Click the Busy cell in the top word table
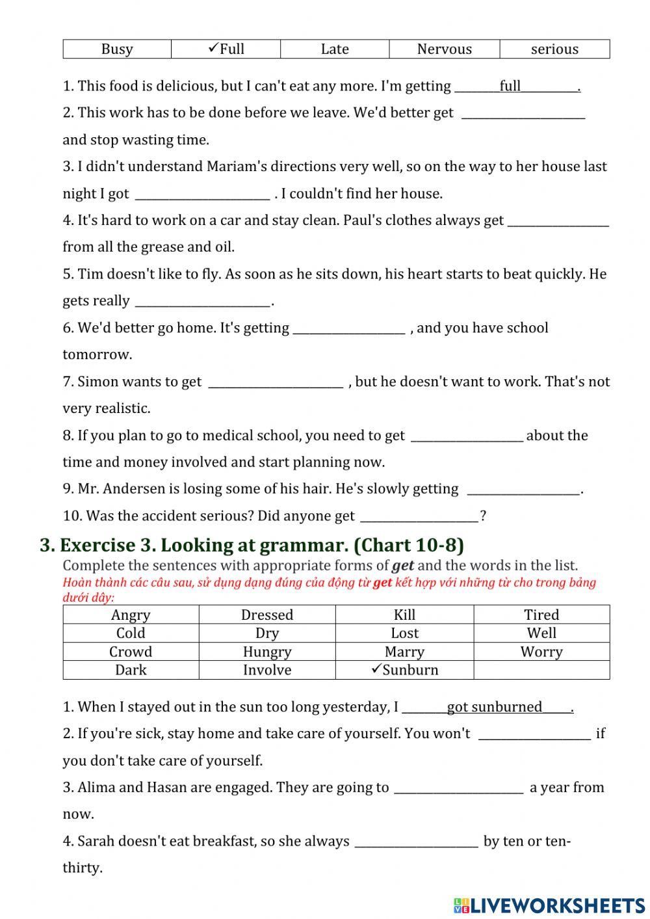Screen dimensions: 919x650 [x=117, y=49]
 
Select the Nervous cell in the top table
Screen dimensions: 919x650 [x=445, y=49]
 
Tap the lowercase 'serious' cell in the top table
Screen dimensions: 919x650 [x=554, y=49]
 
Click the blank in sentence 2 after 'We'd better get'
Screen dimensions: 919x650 [x=523, y=114]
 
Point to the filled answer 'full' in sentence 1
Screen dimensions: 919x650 [x=510, y=87]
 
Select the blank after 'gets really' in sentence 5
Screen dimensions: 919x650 [x=202, y=302]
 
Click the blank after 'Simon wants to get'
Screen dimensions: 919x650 [x=276, y=382]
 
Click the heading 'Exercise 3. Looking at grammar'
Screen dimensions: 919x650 [x=252, y=545]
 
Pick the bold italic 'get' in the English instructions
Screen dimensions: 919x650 [x=403, y=566]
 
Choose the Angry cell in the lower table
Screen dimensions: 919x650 [x=131, y=615]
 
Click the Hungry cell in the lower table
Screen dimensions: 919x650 [x=267, y=652]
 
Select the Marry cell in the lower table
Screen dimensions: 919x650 [x=404, y=652]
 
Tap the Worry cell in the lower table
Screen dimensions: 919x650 [x=541, y=652]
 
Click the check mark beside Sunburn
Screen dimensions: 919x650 [x=376, y=669]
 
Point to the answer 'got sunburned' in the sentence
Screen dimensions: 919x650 [x=494, y=708]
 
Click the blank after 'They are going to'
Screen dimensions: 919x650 [x=459, y=788]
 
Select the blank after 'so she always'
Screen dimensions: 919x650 [x=416, y=842]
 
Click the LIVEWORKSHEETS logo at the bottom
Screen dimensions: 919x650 [x=549, y=905]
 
